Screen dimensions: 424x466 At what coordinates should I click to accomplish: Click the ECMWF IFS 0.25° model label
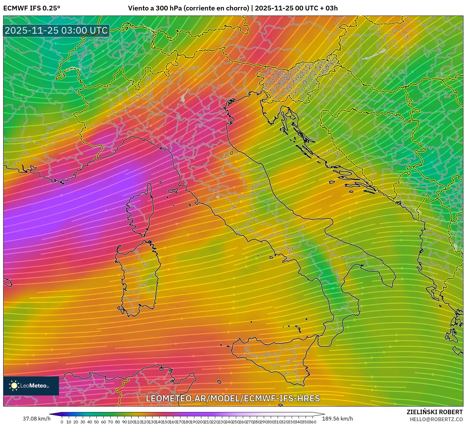pos(31,8)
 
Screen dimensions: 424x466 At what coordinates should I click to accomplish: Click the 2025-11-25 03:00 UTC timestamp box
pos(56,30)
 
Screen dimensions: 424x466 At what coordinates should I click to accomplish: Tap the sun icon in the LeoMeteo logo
pos(14,386)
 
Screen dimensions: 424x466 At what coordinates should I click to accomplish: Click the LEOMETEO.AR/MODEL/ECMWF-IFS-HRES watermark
pos(233,398)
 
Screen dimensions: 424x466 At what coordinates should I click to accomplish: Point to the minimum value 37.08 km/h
pos(36,419)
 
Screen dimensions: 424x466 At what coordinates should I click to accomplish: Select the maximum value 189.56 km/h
pos(340,419)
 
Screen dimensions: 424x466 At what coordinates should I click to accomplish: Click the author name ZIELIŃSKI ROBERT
pos(434,412)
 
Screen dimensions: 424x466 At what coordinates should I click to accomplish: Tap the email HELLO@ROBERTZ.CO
pos(436,419)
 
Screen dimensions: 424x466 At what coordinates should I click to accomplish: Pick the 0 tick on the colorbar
pos(62,422)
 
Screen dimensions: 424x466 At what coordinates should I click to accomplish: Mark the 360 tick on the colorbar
pos(313,422)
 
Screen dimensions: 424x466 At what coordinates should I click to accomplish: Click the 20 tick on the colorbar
pos(75,422)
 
